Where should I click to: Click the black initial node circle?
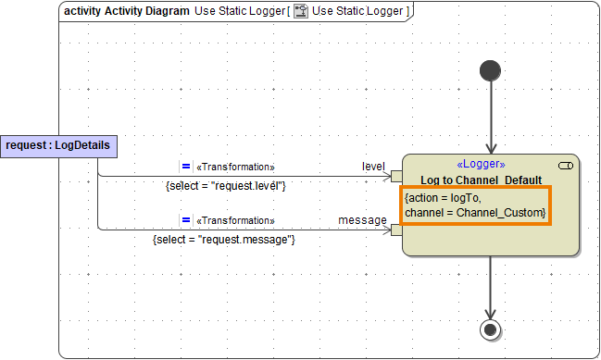tap(490, 71)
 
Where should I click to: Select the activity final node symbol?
tap(490, 329)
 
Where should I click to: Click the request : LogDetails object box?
tap(57, 145)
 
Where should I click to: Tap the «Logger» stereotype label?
tap(481, 164)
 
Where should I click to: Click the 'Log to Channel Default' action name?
tap(481, 180)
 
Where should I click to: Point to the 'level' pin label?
tap(373, 166)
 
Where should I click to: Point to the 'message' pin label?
tap(362, 219)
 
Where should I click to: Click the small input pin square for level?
tap(396, 176)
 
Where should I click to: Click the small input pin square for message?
tap(396, 230)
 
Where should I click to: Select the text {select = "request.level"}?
tap(226, 186)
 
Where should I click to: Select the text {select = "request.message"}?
tap(223, 240)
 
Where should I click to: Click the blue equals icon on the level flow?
tap(185, 167)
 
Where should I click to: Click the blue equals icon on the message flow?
tap(185, 220)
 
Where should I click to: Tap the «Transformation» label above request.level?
tap(235, 168)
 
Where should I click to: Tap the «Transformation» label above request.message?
tap(235, 221)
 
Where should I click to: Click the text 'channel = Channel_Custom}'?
tap(475, 214)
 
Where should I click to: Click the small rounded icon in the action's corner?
tap(566, 165)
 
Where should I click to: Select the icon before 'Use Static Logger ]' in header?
tap(301, 10)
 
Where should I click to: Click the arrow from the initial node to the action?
tap(490, 116)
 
